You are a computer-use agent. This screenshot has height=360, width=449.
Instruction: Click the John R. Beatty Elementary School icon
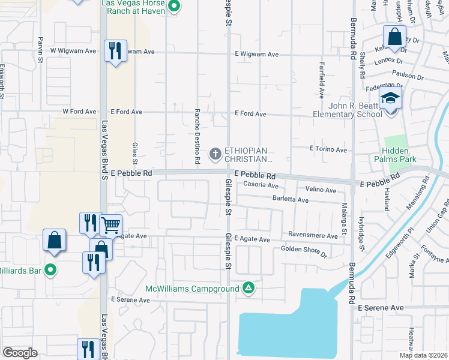[390, 98]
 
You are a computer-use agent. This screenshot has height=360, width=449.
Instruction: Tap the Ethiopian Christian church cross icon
[215, 154]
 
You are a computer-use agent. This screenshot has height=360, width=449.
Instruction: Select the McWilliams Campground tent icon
[249, 289]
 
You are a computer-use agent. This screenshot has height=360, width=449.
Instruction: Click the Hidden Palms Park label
[395, 155]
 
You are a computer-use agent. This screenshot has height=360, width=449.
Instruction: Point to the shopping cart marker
[110, 225]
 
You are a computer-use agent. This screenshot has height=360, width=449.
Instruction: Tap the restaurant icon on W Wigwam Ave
[115, 50]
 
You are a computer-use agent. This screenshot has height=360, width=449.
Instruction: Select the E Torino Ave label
[328, 149]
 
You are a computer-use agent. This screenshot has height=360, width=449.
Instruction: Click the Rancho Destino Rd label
[197, 136]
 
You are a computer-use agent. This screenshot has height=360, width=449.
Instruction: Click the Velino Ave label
[321, 190]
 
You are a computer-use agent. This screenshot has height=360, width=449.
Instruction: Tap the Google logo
[20, 353]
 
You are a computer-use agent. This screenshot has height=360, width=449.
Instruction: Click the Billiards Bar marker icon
[51, 271]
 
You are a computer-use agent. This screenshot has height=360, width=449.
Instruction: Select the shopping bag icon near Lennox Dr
[395, 38]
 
